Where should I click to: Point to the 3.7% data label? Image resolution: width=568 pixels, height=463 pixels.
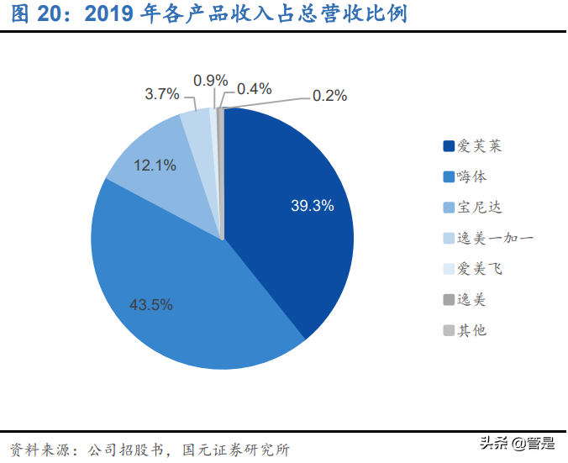pos(162,94)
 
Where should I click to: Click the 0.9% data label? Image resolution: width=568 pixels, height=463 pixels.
pos(210,81)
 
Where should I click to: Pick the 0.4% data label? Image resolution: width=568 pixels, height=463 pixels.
pos(254,88)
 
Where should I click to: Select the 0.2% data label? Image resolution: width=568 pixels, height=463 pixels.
pos(329,96)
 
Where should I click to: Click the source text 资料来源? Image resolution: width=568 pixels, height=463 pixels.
pos(40,449)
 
